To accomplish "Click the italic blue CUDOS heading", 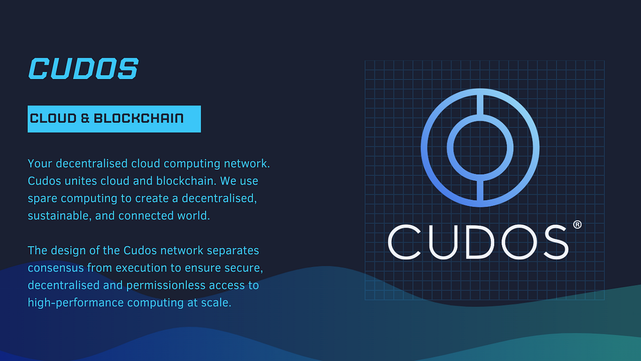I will pyautogui.click(x=83, y=69).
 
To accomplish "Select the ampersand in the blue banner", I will pyautogui.click(x=85, y=118).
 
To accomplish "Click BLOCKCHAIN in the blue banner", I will pyautogui.click(x=138, y=118).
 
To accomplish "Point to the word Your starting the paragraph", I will pyautogui.click(x=40, y=163).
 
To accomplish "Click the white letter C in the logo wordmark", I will pyautogui.click(x=404, y=242).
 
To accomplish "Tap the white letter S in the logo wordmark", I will pyautogui.click(x=552, y=242).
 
